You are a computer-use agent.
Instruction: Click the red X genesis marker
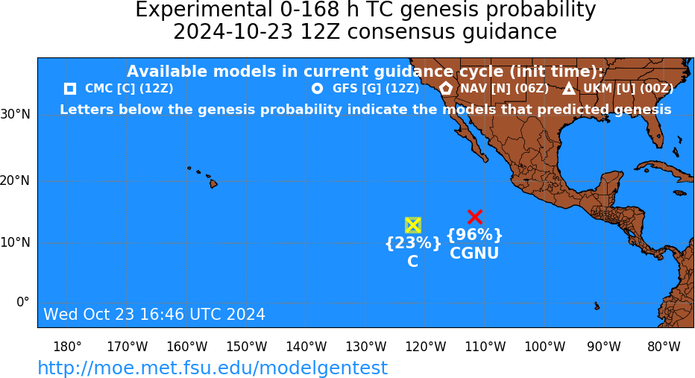(x=475, y=217)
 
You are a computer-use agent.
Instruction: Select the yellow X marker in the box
(x=412, y=226)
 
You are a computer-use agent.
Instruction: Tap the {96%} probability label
(x=475, y=234)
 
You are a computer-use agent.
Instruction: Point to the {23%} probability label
(x=413, y=243)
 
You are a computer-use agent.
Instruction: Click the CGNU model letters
(x=474, y=253)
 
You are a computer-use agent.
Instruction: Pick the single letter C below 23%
(x=412, y=262)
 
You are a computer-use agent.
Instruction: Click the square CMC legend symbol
(x=70, y=89)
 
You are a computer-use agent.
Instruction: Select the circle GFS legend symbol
(x=318, y=89)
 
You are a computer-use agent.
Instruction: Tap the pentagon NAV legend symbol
(x=445, y=88)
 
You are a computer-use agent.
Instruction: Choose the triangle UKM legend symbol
(x=569, y=89)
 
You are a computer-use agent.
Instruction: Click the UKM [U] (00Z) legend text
(x=628, y=89)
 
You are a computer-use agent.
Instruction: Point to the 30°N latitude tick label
(x=16, y=114)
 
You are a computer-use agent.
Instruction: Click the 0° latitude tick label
(x=23, y=302)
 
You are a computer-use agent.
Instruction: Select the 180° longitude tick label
(x=67, y=346)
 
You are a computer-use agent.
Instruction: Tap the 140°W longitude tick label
(x=306, y=346)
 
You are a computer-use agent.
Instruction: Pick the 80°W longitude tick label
(x=664, y=346)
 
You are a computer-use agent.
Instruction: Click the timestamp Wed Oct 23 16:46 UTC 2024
(x=154, y=314)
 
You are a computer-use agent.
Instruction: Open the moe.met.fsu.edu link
(x=213, y=368)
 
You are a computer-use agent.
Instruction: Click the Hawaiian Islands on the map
(x=204, y=177)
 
